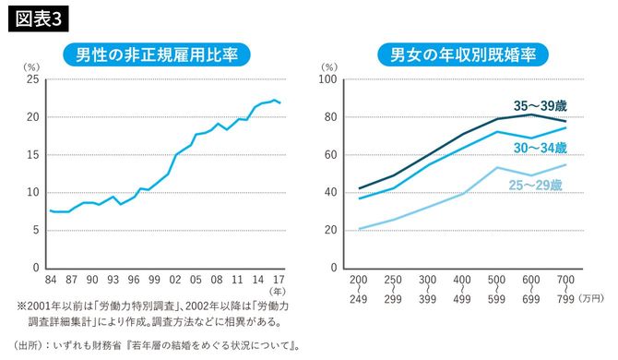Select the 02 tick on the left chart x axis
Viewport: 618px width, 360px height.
176,279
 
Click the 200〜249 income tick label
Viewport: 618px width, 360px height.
359,290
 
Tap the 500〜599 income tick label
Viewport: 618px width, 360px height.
497,290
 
